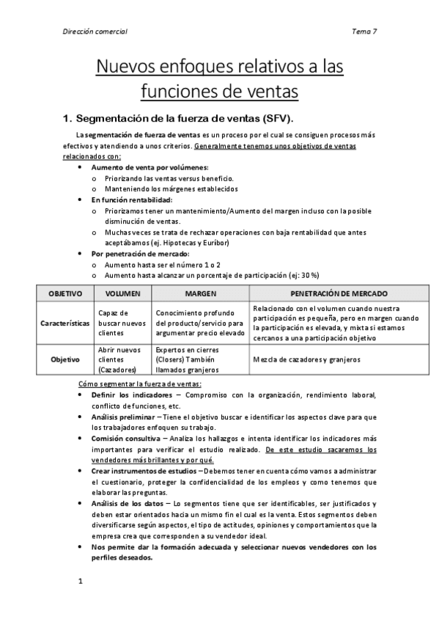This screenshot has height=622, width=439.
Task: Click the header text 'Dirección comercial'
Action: click(x=95, y=32)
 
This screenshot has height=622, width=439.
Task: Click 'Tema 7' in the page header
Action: click(x=364, y=32)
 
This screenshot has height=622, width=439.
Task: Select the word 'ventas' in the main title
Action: click(x=267, y=92)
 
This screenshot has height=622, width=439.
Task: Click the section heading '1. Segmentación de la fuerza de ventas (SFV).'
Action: click(x=182, y=118)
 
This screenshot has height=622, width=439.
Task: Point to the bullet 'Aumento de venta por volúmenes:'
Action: click(x=150, y=167)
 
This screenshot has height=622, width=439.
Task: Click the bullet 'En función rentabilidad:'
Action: click(x=132, y=200)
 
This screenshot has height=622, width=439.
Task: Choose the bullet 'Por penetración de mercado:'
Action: click(x=140, y=253)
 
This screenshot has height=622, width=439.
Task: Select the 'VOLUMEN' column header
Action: click(x=122, y=293)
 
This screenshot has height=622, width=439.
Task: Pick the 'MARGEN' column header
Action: click(x=199, y=293)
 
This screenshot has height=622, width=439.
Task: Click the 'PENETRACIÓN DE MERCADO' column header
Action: click(x=323, y=293)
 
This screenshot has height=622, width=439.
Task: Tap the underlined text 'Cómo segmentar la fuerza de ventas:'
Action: click(x=140, y=384)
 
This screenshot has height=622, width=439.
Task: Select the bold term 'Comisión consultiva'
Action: click(x=123, y=438)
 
